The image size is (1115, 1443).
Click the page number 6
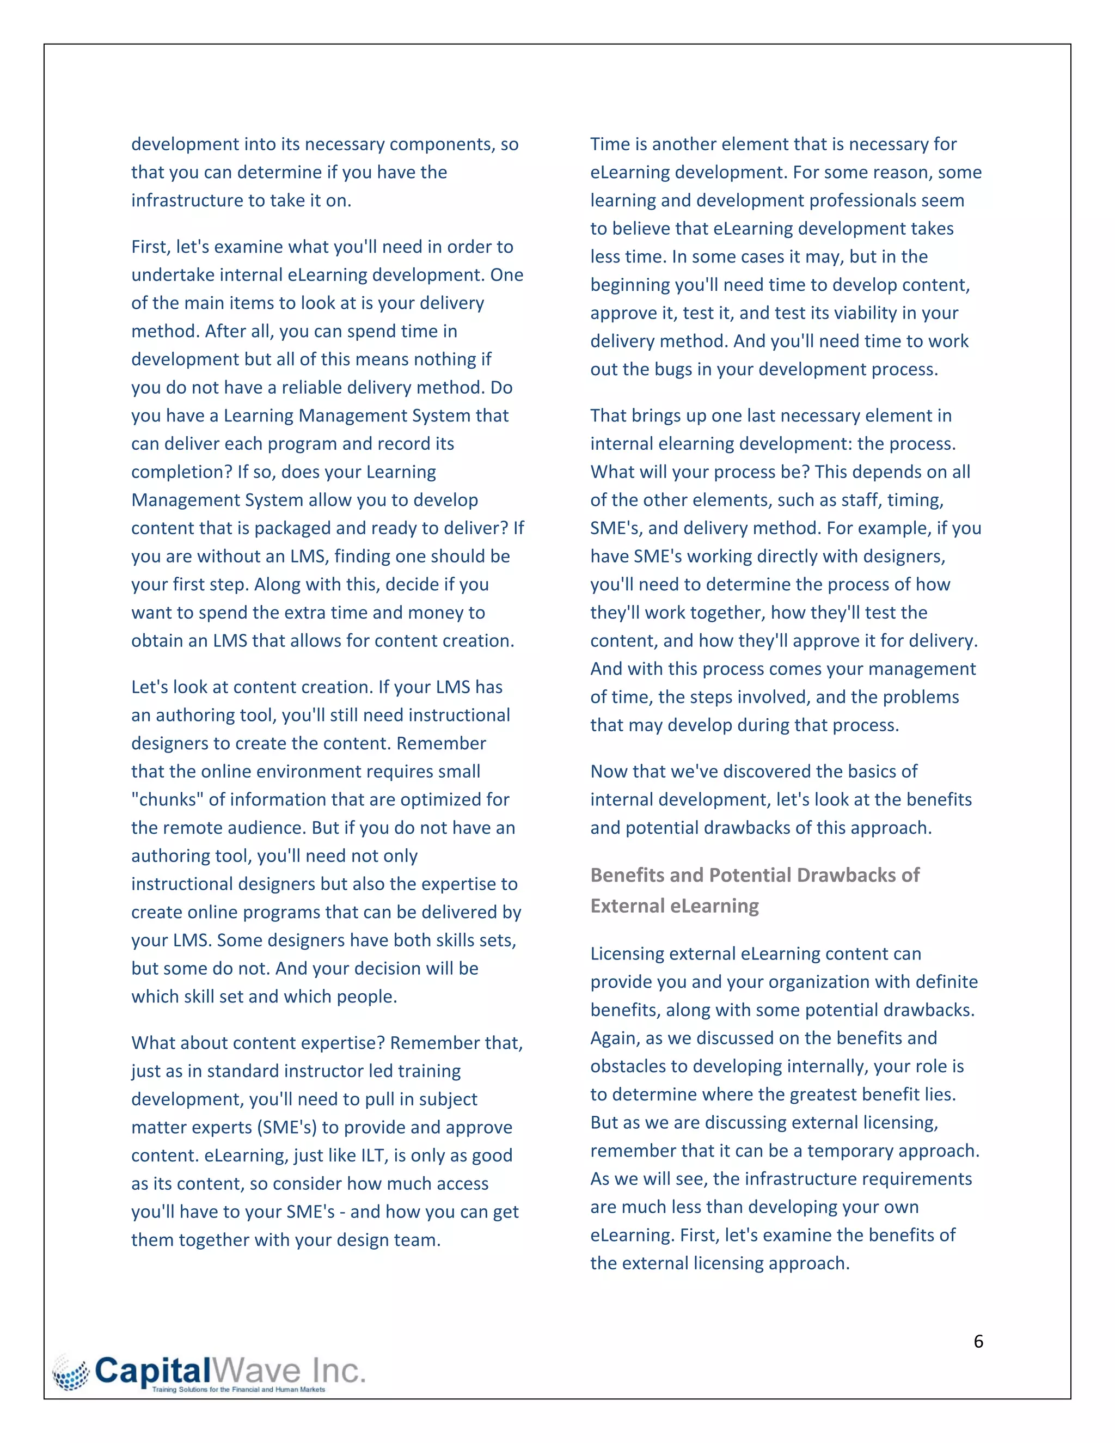click(978, 1341)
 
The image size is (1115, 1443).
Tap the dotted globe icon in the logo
click(71, 1372)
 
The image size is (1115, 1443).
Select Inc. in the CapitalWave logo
click(338, 1371)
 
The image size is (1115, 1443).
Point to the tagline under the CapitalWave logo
click(238, 1390)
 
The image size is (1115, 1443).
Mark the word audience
click(267, 827)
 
